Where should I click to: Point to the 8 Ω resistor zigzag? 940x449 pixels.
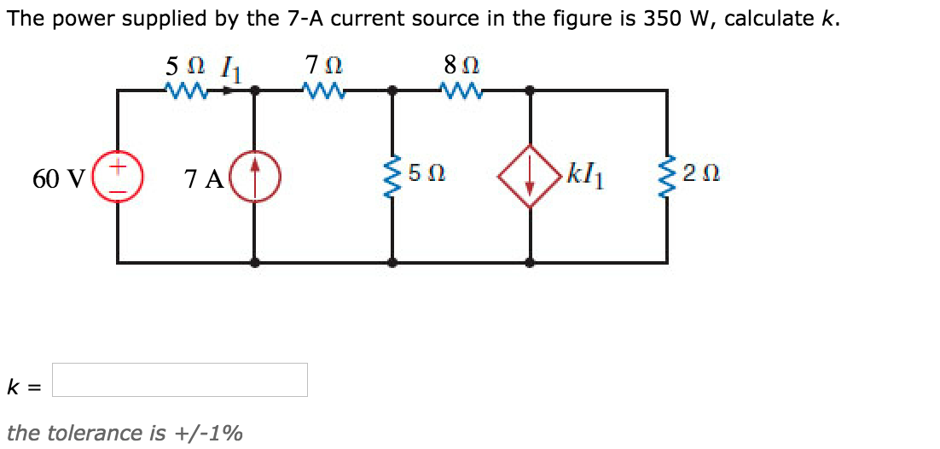461,88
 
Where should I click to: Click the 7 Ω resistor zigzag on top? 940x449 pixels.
324,88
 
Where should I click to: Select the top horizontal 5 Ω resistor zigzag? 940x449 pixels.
186,88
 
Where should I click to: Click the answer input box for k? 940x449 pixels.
179,380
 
